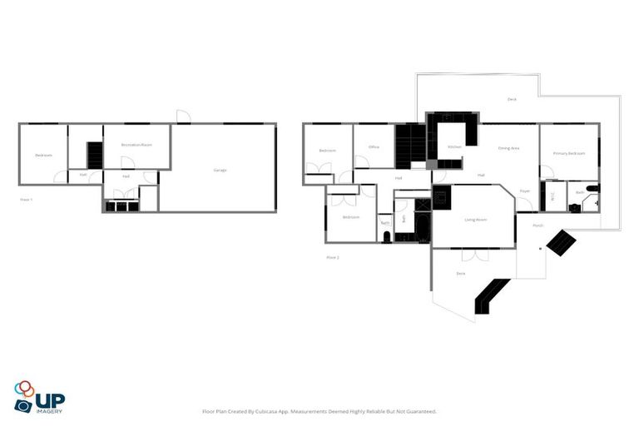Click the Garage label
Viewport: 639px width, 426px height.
click(220, 170)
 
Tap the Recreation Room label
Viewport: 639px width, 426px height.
click(136, 145)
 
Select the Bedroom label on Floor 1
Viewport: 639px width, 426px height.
click(43, 156)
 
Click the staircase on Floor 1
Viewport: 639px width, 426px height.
click(94, 155)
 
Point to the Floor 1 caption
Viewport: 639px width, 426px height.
click(26, 200)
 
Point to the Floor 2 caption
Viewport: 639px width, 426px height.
click(332, 257)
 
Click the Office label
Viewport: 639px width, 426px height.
click(374, 147)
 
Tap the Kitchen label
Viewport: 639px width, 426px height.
click(454, 147)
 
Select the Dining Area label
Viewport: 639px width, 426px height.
click(508, 147)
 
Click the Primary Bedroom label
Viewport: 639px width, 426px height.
click(569, 154)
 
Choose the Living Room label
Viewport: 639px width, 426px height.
click(475, 220)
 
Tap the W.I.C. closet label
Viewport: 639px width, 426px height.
click(551, 193)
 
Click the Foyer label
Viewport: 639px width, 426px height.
click(525, 191)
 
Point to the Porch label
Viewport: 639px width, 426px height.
click(537, 225)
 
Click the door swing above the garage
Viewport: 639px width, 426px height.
click(184, 117)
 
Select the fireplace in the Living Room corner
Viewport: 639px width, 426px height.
click(442, 198)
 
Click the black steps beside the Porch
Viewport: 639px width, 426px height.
click(561, 243)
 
